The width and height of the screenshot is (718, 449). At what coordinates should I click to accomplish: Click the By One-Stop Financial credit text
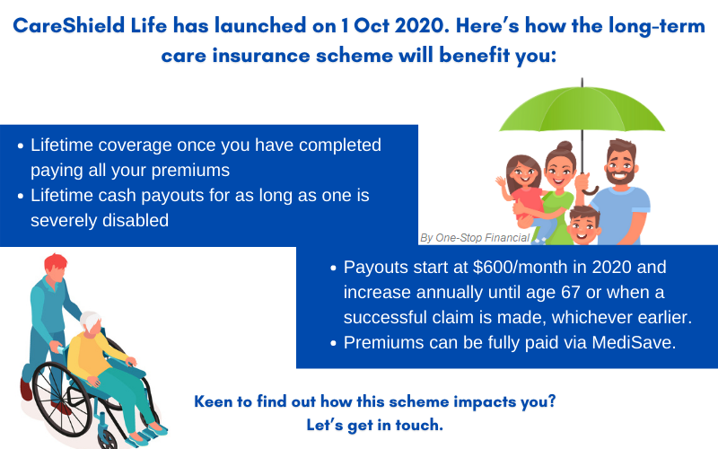point(474,238)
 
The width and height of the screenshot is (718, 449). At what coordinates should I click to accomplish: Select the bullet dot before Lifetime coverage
point(20,145)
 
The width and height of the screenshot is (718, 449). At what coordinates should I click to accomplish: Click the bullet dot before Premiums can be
point(333,342)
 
